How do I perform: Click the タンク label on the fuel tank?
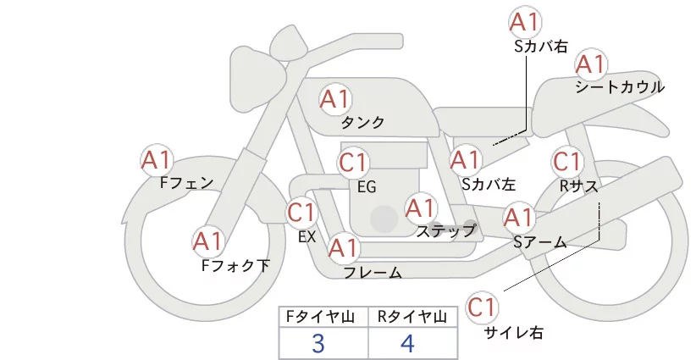pyautogui.click(x=362, y=123)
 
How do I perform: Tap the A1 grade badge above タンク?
pyautogui.click(x=334, y=99)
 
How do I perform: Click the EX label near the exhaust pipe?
pyautogui.click(x=307, y=237)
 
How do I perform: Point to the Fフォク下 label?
pyautogui.click(x=235, y=265)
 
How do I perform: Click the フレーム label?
pyautogui.click(x=373, y=273)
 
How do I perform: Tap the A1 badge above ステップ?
pyautogui.click(x=421, y=208)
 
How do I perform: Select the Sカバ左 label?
pyautogui.click(x=489, y=182)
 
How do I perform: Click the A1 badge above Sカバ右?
pyautogui.click(x=524, y=22)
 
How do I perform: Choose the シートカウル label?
pyautogui.click(x=620, y=86)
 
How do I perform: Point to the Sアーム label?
pyautogui.click(x=539, y=241)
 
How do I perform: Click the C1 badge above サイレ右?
pyautogui.click(x=483, y=307)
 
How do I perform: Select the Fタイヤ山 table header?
pyautogui.click(x=323, y=317)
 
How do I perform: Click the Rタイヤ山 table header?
pyautogui.click(x=412, y=317)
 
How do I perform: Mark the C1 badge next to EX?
pyautogui.click(x=302, y=212)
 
